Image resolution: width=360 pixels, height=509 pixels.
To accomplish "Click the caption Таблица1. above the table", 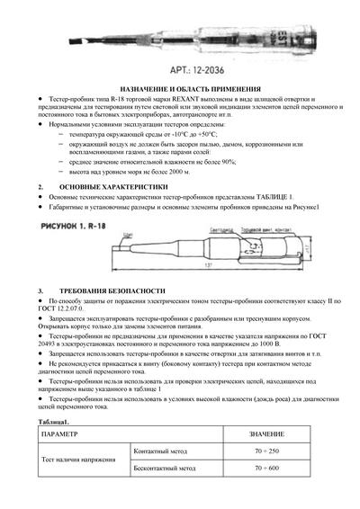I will tap(54, 420).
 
